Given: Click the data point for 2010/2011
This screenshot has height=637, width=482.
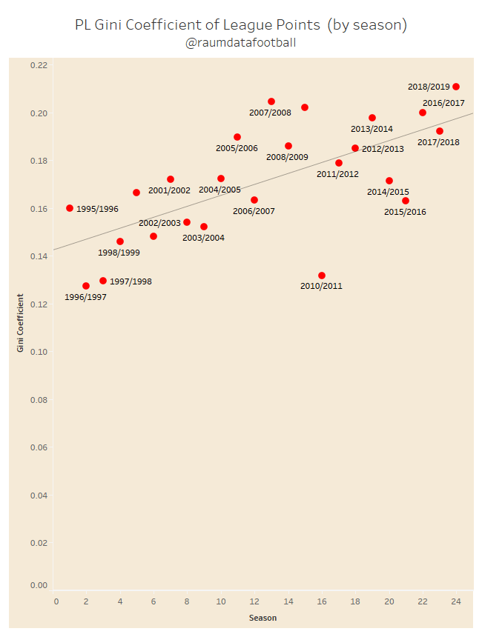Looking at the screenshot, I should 321,276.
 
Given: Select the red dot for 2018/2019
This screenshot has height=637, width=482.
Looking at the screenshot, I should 456,87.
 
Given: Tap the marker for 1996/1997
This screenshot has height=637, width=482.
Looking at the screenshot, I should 86,286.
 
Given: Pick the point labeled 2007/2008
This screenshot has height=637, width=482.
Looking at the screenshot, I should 271,101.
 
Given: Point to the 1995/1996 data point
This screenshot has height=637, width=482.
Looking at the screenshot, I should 70,208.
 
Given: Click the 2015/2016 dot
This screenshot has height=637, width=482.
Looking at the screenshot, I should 406,201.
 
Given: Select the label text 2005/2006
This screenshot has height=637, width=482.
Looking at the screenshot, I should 237,148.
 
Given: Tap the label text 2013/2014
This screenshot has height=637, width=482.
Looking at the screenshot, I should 372,129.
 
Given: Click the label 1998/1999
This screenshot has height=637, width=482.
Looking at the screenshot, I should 119,253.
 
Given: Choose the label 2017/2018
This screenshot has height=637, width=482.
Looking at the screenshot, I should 438,142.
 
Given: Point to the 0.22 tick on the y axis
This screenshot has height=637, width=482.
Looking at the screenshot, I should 39,65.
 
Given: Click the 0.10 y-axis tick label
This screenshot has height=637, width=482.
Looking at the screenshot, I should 39,352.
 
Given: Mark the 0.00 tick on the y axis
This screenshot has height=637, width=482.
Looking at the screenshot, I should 39,585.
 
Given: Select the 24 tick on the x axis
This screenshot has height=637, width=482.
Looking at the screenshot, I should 456,601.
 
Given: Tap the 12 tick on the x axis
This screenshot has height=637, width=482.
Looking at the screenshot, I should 254,601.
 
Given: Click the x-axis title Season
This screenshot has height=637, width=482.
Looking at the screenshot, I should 263,617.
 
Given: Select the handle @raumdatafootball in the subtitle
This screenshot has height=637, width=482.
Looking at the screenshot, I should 241,42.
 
